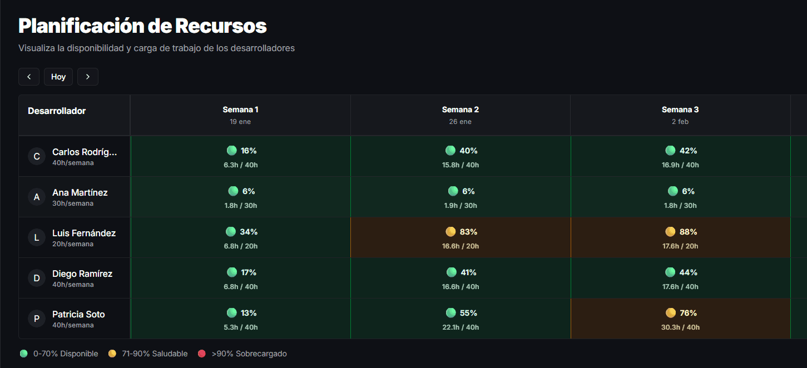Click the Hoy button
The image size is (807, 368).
pos(58,77)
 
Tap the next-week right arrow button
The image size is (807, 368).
pos(88,77)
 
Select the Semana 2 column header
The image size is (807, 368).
pos(460,110)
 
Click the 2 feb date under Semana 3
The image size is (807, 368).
pos(680,122)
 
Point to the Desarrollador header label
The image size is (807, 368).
pos(57,111)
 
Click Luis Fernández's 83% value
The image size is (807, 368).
pos(468,232)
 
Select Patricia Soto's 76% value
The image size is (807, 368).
pos(688,313)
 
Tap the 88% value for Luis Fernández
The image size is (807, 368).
pos(688,232)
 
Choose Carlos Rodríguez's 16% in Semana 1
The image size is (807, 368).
pos(249,151)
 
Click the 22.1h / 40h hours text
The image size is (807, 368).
pos(461,327)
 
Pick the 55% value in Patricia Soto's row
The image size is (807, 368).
pos(468,313)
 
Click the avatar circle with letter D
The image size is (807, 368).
pos(37,278)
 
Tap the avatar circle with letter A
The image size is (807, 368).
pos(37,197)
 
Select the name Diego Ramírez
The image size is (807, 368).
pos(82,273)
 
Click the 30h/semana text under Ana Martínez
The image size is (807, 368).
pos(73,203)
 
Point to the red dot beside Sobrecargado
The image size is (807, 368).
pos(202,354)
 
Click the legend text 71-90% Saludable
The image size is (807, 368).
pos(155,354)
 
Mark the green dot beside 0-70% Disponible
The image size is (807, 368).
pos(23,354)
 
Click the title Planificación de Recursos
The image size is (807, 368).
pos(142,26)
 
